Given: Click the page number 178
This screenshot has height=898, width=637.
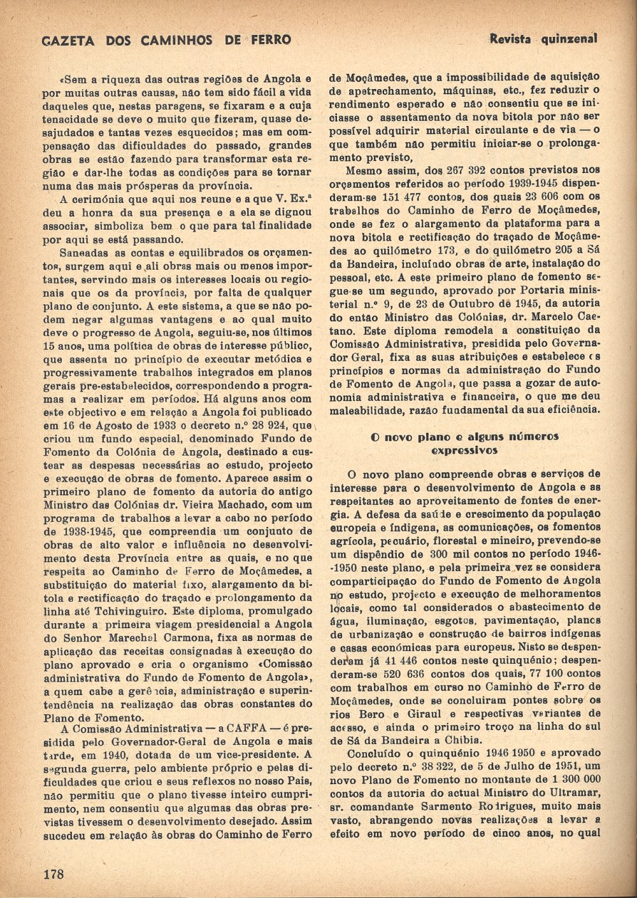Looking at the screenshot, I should (x=54, y=873).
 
